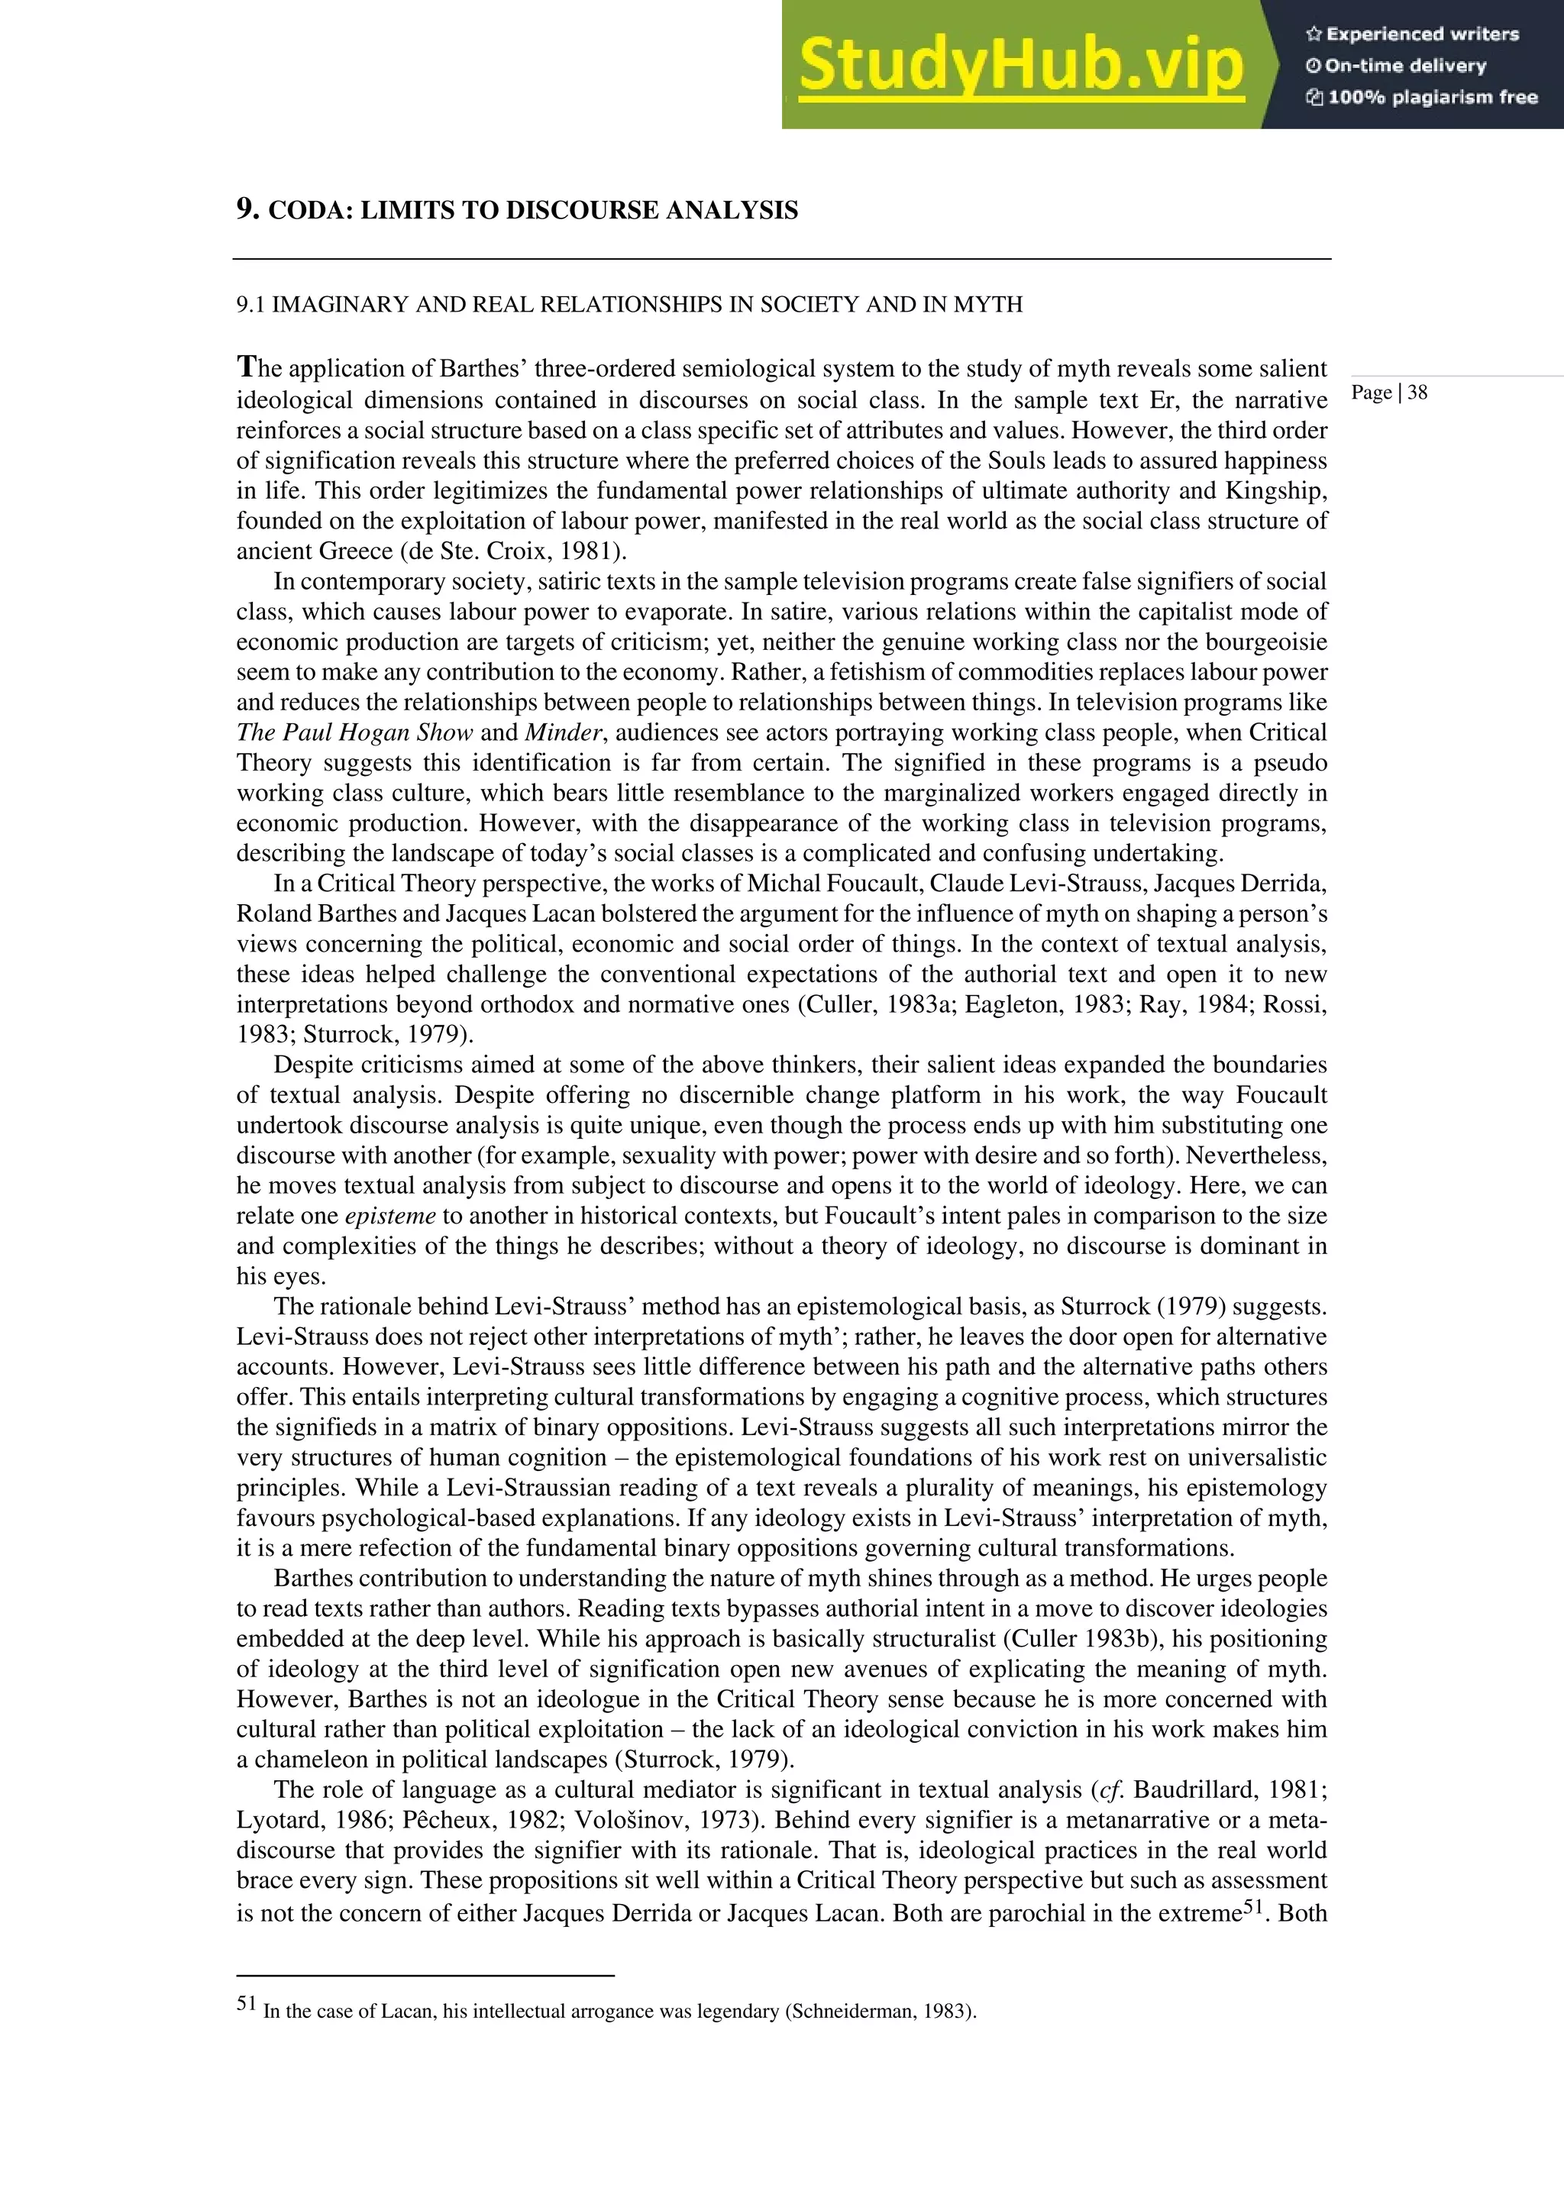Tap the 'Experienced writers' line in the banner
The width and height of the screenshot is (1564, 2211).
click(x=1412, y=34)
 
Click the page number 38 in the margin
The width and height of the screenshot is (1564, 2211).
click(x=1417, y=393)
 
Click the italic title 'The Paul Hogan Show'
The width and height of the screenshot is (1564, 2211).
click(x=354, y=733)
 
